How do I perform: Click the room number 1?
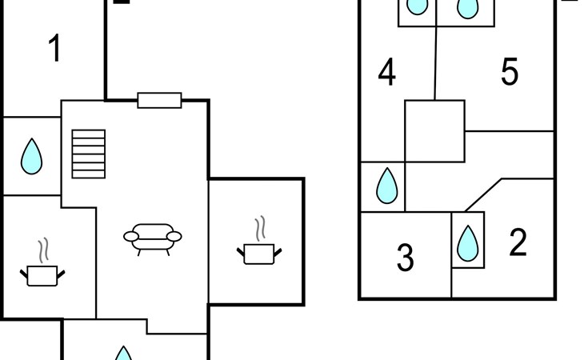pyautogui.click(x=54, y=48)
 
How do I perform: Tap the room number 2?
pyautogui.click(x=518, y=242)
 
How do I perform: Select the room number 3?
pyautogui.click(x=406, y=258)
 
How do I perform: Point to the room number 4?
pyautogui.click(x=387, y=72)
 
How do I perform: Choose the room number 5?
pyautogui.click(x=510, y=71)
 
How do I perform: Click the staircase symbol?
pyautogui.click(x=89, y=154)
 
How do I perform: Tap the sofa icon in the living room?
pyautogui.click(x=153, y=239)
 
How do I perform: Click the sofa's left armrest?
pyautogui.click(x=131, y=237)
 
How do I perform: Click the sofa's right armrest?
pyautogui.click(x=174, y=237)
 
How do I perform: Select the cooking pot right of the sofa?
pyautogui.click(x=259, y=254)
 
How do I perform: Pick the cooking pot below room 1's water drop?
pyautogui.click(x=42, y=276)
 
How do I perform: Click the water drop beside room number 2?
pyautogui.click(x=467, y=243)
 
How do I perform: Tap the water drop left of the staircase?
pyautogui.click(x=32, y=156)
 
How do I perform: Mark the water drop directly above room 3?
pyautogui.click(x=387, y=186)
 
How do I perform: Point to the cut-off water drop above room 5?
pyautogui.click(x=467, y=8)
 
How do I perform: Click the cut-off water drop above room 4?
pyautogui.click(x=417, y=6)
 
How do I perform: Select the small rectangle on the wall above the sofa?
pyautogui.click(x=159, y=100)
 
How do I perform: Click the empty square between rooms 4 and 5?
pyautogui.click(x=434, y=131)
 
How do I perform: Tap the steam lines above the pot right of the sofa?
pyautogui.click(x=261, y=228)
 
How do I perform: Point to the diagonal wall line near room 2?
pyautogui.click(x=483, y=195)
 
